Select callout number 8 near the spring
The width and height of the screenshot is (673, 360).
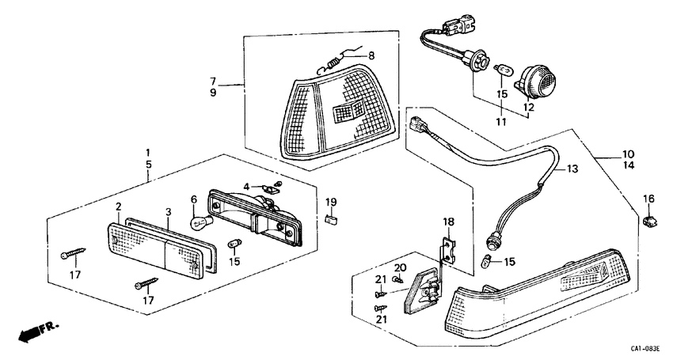tap(371, 56)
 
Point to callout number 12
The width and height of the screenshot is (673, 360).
tap(528, 107)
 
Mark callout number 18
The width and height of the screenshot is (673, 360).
tap(448, 222)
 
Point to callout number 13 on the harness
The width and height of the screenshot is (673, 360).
tap(572, 169)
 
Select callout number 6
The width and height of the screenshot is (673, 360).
tap(192, 201)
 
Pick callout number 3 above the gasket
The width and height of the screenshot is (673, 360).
tap(168, 212)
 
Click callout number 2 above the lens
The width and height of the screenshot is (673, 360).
tap(119, 207)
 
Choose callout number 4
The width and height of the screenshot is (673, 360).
tap(247, 187)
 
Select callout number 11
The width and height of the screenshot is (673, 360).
tap(500, 122)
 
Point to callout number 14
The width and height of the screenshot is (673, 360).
tap(627, 166)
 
